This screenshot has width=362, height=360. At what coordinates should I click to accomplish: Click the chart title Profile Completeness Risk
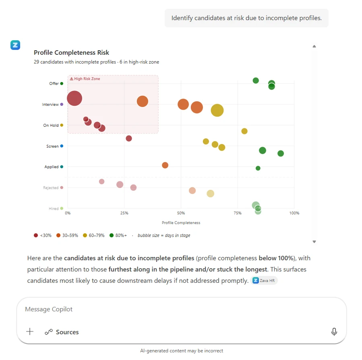(71, 53)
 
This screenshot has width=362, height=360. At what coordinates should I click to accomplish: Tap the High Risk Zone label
(85, 79)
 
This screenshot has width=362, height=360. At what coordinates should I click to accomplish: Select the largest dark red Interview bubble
(74, 98)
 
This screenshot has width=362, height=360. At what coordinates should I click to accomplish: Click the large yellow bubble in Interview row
(217, 110)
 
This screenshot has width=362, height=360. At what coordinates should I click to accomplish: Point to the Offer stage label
(54, 84)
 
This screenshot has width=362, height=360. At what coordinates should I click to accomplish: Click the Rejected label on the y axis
(51, 188)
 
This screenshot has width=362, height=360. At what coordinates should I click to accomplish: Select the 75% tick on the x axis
(238, 213)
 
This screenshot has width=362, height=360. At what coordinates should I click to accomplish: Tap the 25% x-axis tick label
(124, 213)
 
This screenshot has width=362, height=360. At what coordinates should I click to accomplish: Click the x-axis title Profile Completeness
(181, 223)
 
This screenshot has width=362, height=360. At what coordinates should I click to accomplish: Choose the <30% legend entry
(43, 236)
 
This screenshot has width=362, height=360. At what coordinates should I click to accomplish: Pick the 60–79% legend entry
(94, 236)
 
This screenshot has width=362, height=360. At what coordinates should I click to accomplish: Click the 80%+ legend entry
(118, 236)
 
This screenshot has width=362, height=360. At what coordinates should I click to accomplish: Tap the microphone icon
(334, 332)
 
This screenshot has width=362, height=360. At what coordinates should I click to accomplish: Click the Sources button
(62, 332)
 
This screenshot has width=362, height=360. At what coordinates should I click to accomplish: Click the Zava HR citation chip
(264, 281)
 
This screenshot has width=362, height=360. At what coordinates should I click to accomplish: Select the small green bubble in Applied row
(258, 168)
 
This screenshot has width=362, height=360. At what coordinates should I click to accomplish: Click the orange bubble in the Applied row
(165, 165)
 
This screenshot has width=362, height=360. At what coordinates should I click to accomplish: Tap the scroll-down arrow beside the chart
(314, 242)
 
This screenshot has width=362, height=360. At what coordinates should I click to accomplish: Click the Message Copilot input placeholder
(49, 309)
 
